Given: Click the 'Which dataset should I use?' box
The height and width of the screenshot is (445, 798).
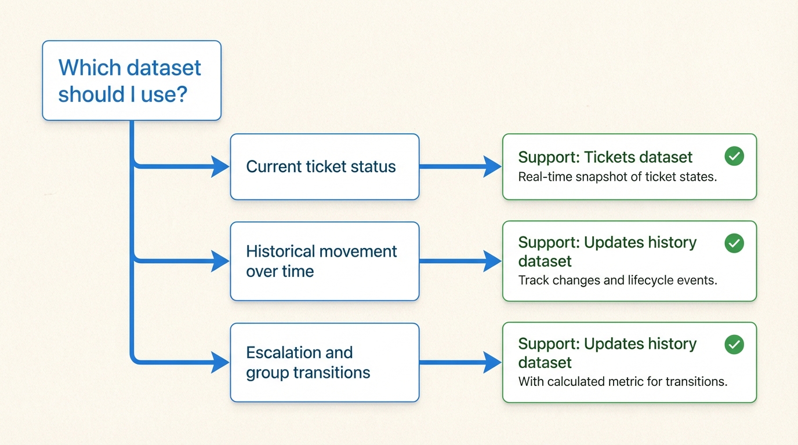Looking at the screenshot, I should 132,81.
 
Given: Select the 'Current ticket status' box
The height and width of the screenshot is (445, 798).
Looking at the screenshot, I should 324,167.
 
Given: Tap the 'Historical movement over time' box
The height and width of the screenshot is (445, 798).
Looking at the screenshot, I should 324,261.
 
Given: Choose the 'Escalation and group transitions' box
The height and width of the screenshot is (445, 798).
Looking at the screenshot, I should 324,363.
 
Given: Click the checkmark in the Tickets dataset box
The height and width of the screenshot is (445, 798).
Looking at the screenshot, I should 734,156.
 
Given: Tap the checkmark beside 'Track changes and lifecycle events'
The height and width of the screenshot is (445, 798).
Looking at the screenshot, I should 734,243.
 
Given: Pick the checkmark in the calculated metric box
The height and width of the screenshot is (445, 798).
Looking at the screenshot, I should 734,345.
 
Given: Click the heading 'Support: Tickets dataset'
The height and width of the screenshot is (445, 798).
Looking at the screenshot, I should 605,157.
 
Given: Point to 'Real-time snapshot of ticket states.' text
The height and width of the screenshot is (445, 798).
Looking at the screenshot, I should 617,177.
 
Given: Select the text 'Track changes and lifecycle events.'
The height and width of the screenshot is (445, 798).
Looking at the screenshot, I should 617,280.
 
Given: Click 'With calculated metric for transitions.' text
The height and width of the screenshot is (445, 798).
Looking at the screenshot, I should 622,381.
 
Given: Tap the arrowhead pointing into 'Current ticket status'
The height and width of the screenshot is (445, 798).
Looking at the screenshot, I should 220,167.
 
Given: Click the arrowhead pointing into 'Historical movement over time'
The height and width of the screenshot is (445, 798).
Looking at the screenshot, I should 220,261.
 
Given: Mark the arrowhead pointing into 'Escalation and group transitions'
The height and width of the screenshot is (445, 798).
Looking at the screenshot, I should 220,363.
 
